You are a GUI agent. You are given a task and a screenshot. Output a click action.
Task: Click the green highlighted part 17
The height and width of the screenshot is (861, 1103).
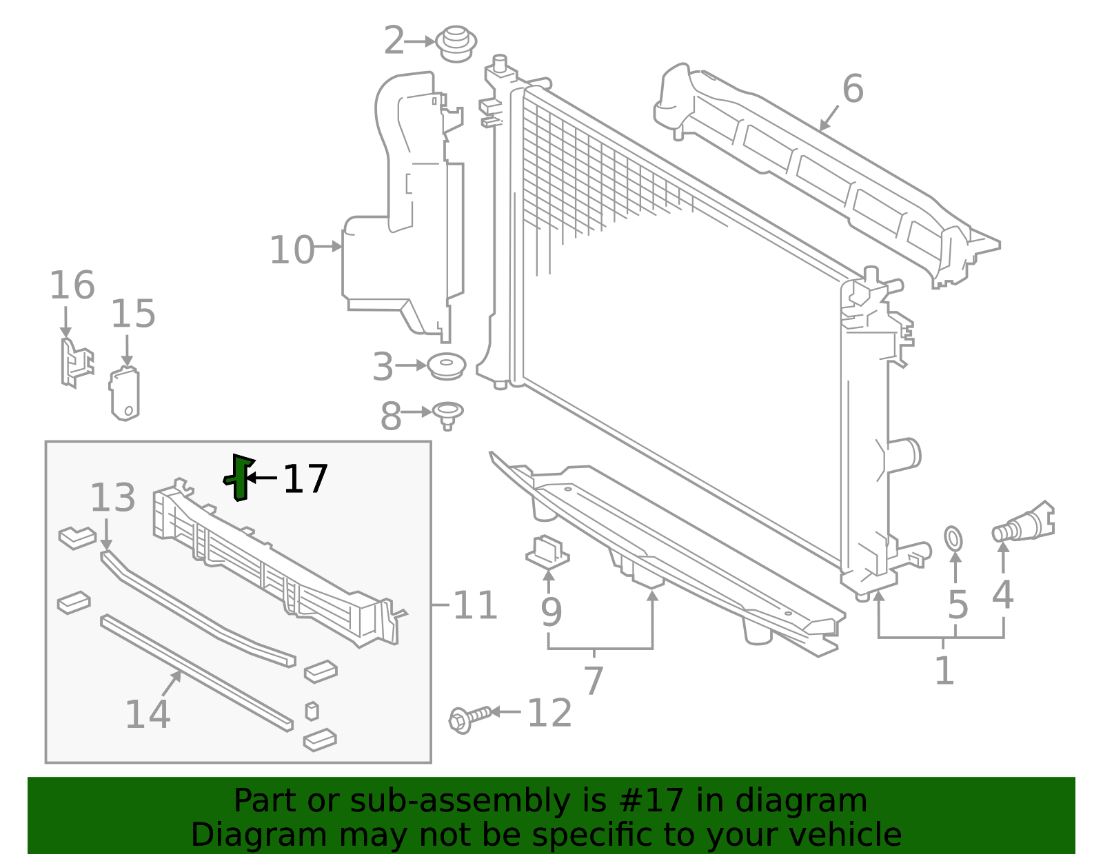point(239,477)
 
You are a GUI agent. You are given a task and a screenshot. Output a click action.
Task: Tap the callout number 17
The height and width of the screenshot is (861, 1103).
point(305,479)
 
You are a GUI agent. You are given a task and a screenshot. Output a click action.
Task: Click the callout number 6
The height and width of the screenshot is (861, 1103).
point(853,90)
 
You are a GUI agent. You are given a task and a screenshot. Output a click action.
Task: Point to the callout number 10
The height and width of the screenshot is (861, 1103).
point(292,250)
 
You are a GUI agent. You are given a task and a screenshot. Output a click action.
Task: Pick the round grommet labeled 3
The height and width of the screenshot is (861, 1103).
point(447,365)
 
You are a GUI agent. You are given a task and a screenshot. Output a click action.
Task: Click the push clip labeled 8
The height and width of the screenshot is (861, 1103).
point(447,414)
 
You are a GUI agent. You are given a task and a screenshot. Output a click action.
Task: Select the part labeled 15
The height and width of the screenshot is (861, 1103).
point(125,394)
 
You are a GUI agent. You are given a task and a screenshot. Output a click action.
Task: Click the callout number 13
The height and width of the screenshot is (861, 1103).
point(113,498)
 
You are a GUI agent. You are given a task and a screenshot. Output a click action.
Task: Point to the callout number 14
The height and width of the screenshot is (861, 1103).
point(148,714)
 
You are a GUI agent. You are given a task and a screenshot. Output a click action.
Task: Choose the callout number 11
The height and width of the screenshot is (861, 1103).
point(475,606)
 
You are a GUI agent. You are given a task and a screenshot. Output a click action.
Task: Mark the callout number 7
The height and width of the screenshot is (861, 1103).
point(594,680)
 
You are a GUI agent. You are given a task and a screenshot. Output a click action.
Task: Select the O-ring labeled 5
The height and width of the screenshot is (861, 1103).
point(953,538)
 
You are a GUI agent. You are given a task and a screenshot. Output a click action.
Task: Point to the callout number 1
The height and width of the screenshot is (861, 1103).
point(944,671)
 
